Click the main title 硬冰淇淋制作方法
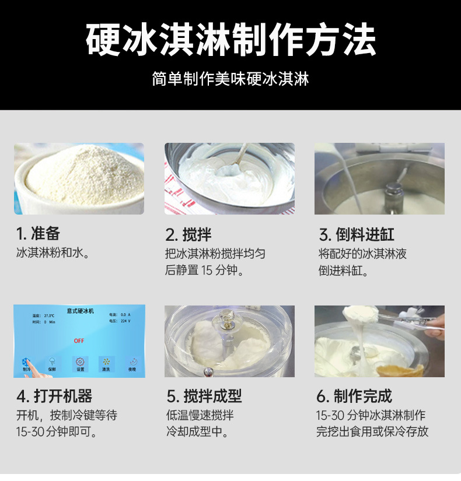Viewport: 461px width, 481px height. (230, 40)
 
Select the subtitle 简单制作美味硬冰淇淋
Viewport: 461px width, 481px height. (230, 79)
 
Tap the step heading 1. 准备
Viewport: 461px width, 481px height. (38, 234)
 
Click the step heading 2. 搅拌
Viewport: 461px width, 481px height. (188, 235)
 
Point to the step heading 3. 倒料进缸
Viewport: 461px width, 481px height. (357, 235)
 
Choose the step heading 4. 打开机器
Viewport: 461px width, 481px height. (54, 396)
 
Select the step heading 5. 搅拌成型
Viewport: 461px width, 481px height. (204, 396)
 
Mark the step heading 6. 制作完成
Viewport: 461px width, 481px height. (354, 396)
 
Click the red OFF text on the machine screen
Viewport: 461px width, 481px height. (79, 340)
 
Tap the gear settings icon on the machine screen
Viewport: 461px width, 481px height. (80, 362)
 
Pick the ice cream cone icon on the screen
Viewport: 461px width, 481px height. (53, 362)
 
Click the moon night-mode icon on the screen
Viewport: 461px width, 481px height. (132, 362)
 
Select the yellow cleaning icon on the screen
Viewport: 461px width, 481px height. (106, 362)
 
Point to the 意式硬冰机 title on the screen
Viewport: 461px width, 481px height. (80, 311)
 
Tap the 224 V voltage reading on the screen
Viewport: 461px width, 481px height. (125, 321)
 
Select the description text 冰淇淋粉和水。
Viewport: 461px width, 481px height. (53, 254)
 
